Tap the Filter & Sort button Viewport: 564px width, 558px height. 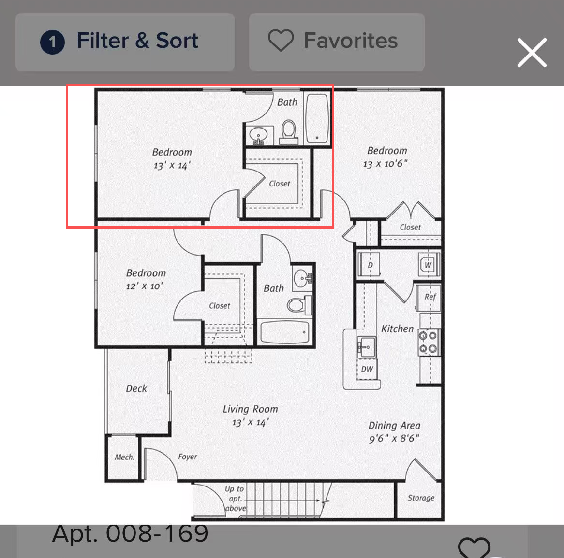tap(125, 42)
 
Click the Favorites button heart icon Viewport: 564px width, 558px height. tap(281, 40)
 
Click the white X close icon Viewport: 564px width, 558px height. tap(532, 53)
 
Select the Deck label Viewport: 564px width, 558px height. tap(136, 388)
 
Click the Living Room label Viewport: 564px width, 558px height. tap(251, 409)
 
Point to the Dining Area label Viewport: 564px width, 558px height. tap(394, 426)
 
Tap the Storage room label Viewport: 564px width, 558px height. tap(421, 498)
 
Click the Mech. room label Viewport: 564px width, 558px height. tap(124, 457)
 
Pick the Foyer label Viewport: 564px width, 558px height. tap(187, 457)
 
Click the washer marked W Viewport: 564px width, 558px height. tap(428, 265)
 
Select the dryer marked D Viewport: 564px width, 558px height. tap(370, 265)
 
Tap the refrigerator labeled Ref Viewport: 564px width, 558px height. tap(429, 297)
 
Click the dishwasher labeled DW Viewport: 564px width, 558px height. tap(367, 369)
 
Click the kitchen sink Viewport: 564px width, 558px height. tap(366, 347)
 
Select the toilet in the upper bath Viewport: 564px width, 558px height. tap(288, 132)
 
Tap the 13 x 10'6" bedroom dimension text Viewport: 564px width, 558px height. tap(385, 164)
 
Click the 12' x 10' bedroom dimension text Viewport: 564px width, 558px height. tap(144, 286)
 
